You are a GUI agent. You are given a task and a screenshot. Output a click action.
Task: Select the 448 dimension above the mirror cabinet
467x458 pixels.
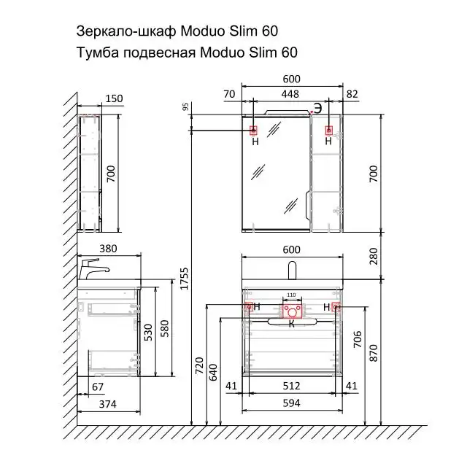pyautogui.click(x=290, y=93)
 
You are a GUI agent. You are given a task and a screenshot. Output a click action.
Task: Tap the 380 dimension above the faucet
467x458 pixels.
pyautogui.click(x=109, y=248)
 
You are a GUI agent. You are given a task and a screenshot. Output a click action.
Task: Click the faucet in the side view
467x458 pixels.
pyautogui.click(x=93, y=268)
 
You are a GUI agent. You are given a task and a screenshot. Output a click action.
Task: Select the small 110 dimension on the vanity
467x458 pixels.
pyautogui.click(x=292, y=295)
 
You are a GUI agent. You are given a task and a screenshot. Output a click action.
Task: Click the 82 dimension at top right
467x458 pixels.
pyautogui.click(x=352, y=93)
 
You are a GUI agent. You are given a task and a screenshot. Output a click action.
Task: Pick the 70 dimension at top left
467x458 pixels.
pyautogui.click(x=229, y=93)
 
